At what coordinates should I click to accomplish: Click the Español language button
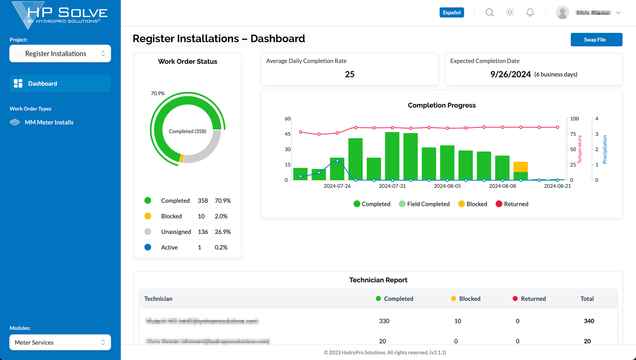point(452,12)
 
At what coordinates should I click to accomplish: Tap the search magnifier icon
point(489,12)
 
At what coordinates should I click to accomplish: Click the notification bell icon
point(530,12)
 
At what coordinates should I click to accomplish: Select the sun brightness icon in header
point(510,12)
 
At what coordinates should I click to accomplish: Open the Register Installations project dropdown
point(60,53)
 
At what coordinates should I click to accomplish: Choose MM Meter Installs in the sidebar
point(49,122)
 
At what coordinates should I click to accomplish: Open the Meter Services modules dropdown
point(60,342)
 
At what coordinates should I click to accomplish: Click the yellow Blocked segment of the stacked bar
point(520,167)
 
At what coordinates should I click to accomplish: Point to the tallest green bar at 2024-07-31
point(392,155)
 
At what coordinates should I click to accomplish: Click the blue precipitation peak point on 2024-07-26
point(337,161)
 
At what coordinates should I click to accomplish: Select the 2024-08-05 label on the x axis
point(447,186)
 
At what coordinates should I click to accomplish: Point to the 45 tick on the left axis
point(288,134)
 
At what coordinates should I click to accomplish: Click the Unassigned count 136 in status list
point(203,232)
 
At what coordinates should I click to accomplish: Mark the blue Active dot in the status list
point(148,247)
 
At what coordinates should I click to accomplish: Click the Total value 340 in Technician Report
point(589,321)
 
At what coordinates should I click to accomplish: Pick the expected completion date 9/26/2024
point(511,74)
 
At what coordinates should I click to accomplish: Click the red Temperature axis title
point(579,149)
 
